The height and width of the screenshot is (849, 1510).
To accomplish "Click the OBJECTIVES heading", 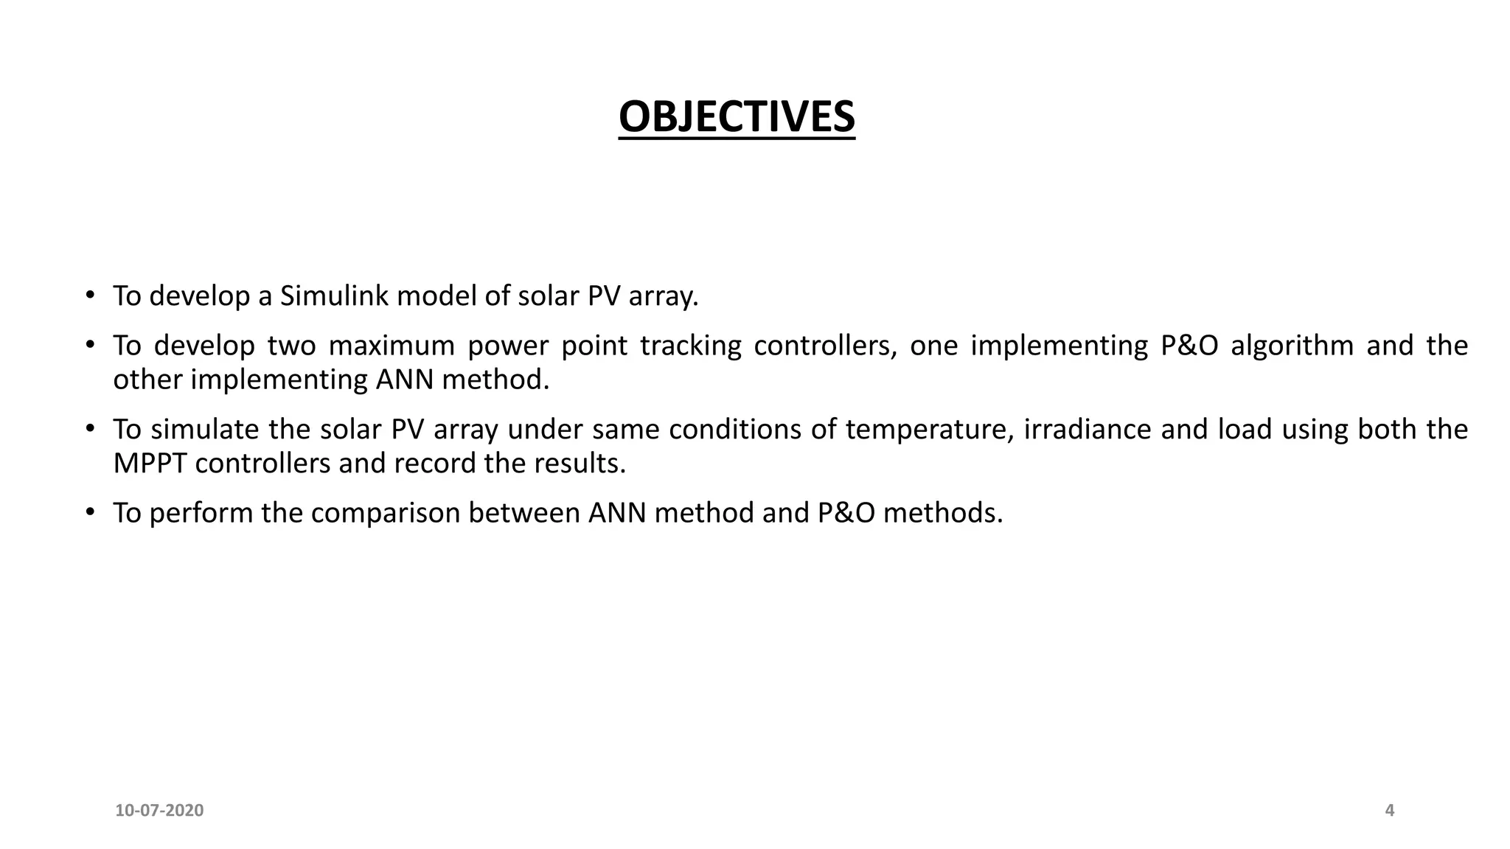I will click(737, 116).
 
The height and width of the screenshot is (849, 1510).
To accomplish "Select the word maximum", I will click(392, 346).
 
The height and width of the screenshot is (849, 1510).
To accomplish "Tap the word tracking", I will click(690, 346).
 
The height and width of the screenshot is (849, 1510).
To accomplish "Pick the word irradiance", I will click(1087, 430).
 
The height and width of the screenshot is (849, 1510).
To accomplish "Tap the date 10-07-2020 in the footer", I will click(159, 811).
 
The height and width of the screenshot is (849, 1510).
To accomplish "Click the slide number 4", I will click(1390, 811).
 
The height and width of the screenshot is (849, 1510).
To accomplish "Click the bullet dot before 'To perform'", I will click(90, 511).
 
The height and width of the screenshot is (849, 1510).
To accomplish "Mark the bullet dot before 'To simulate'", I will click(90, 428).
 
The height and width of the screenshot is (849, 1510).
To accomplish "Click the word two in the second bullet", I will click(291, 346).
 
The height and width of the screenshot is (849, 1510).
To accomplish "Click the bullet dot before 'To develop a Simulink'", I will click(90, 295).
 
